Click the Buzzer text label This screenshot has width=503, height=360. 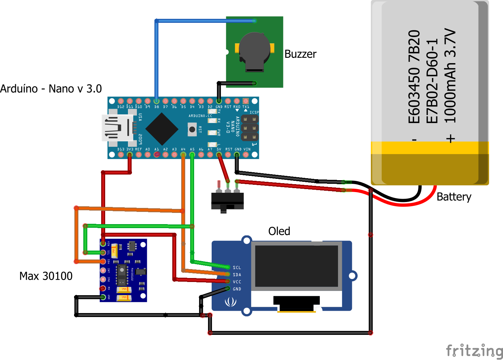[x=300, y=54]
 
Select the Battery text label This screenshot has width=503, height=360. [x=454, y=197]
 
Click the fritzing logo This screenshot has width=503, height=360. [x=474, y=351]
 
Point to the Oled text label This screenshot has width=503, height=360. [x=279, y=231]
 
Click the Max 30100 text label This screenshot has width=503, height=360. [x=46, y=276]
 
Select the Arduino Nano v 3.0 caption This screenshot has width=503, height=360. [x=51, y=89]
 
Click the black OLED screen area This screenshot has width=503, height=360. [x=296, y=266]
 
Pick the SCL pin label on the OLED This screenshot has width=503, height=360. [x=237, y=267]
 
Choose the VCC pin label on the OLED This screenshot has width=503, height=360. [x=237, y=282]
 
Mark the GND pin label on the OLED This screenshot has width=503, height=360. [x=237, y=289]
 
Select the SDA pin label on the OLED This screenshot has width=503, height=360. [x=237, y=275]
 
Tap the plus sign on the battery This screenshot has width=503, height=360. [x=450, y=139]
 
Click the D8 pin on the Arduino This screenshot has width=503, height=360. [x=156, y=101]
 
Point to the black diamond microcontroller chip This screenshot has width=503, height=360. [x=162, y=129]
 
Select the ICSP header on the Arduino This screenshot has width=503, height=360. [x=250, y=128]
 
